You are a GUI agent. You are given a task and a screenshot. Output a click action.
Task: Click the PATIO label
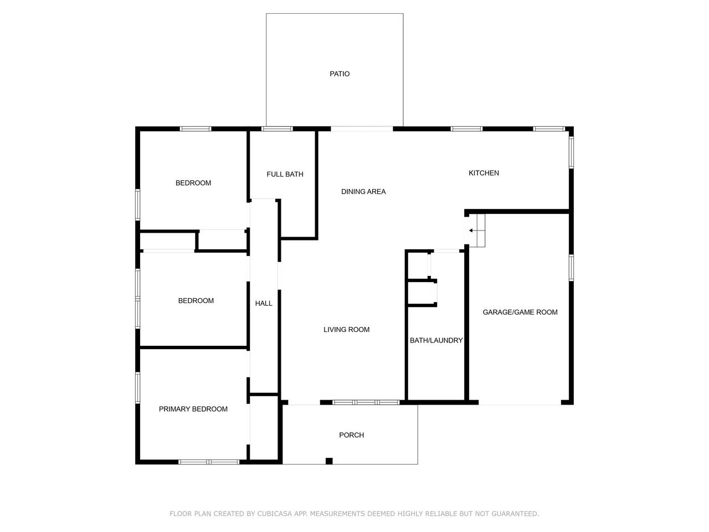click(x=340, y=74)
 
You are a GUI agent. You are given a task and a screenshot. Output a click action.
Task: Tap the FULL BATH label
click(x=285, y=175)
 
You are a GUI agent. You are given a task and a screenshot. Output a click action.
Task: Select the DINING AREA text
click(x=363, y=192)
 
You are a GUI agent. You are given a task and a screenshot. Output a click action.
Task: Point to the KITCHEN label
click(x=484, y=173)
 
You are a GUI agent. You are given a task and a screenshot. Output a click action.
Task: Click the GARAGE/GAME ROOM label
click(x=520, y=313)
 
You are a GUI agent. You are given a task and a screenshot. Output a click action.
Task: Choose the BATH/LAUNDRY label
click(x=436, y=340)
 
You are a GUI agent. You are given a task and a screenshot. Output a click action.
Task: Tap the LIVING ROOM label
click(x=347, y=330)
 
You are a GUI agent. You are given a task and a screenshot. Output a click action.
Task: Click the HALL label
click(x=264, y=303)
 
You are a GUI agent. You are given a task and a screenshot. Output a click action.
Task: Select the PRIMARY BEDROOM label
click(x=193, y=410)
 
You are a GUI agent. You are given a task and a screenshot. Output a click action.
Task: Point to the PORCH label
click(x=351, y=435)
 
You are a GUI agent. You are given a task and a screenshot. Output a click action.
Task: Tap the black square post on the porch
click(x=329, y=461)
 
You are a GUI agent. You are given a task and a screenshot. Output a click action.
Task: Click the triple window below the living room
click(x=366, y=402)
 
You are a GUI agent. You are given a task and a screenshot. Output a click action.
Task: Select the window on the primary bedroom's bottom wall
click(x=209, y=462)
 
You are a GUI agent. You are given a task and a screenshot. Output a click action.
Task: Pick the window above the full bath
click(x=277, y=129)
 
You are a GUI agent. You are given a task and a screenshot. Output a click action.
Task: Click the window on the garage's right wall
click(x=571, y=268)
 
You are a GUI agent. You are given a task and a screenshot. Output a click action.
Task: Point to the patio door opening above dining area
click(x=362, y=129)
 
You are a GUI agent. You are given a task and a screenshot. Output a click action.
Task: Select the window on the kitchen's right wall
click(x=571, y=152)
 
